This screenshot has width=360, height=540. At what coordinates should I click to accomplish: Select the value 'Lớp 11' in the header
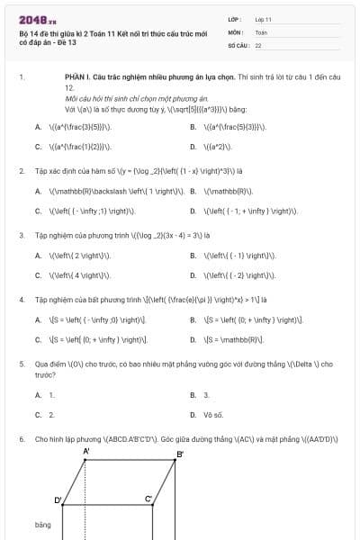264,18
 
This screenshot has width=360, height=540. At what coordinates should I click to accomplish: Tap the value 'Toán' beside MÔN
261,31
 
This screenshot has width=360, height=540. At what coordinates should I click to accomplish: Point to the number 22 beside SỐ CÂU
258,43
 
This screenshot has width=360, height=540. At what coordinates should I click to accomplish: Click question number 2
21,170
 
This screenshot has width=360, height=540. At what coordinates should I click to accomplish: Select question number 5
21,364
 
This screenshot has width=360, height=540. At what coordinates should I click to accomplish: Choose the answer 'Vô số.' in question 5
213,415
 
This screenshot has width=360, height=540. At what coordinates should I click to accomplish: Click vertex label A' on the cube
86,451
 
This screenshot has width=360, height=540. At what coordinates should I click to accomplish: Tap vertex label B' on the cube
180,454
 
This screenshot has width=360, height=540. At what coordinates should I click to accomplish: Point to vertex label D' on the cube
58,499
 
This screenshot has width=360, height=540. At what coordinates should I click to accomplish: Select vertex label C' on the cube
148,498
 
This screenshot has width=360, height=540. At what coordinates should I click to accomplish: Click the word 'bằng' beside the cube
43,524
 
